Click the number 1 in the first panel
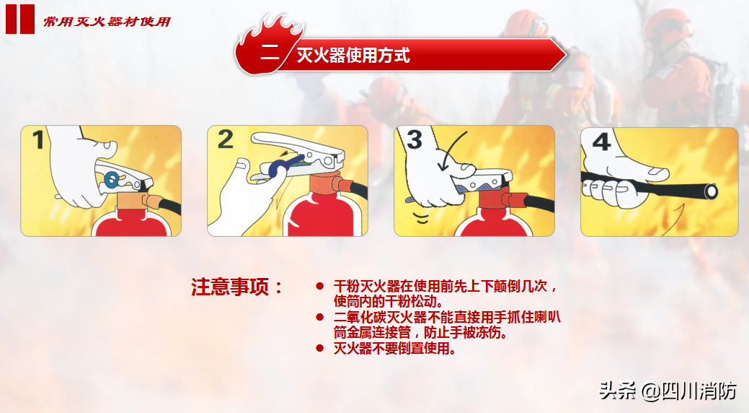(38, 140)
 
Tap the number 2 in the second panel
(226, 139)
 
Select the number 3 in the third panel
(414, 139)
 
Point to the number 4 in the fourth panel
(601, 142)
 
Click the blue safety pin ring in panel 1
(112, 180)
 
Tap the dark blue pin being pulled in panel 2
(283, 164)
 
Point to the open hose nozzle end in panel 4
(711, 192)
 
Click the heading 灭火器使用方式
(353, 56)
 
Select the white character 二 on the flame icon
(270, 52)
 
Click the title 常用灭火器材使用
(107, 22)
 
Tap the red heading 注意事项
(230, 287)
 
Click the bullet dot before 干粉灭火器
(320, 286)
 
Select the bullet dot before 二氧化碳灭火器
(320, 317)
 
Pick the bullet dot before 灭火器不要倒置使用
(320, 348)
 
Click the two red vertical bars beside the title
(20, 19)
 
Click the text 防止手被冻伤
(466, 332)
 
